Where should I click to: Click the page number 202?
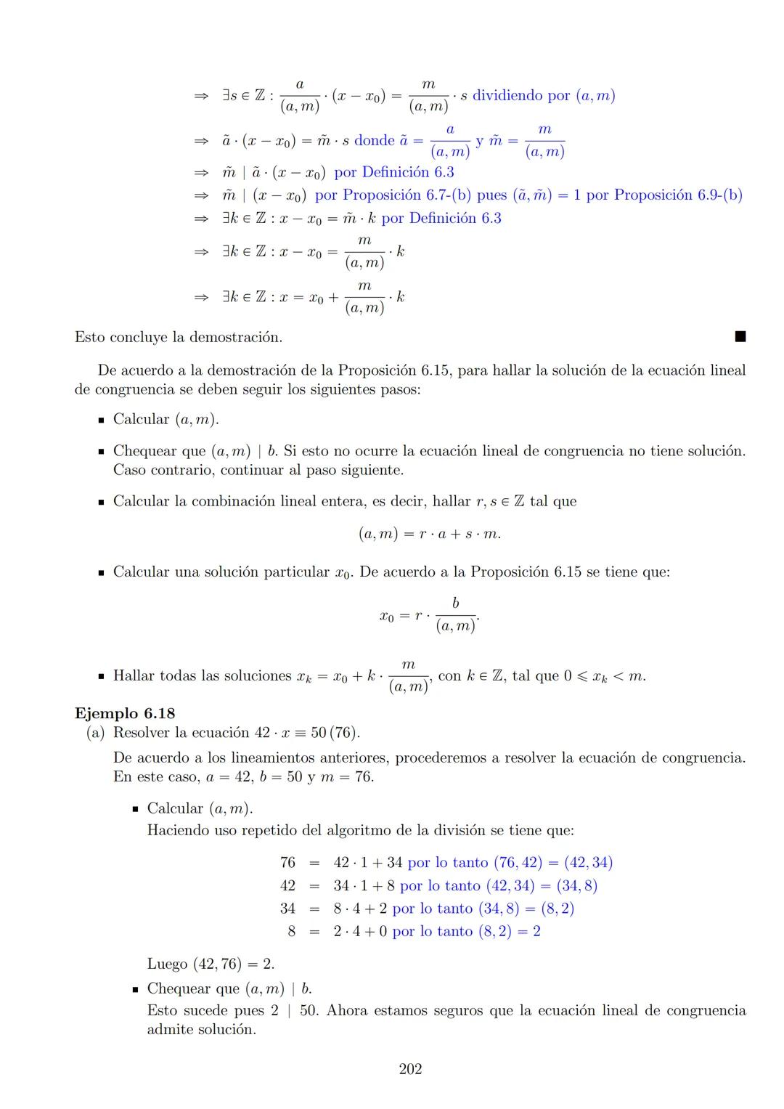(410, 1069)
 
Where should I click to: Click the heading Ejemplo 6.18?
(125, 713)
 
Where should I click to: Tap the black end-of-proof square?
(740, 336)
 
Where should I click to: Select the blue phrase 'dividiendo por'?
(521, 95)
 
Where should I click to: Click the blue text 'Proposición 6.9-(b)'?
(678, 195)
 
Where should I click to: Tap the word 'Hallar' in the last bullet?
(134, 675)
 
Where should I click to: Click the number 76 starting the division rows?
(287, 862)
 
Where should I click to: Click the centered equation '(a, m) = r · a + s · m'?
(429, 534)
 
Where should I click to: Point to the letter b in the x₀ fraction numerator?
(455, 603)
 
